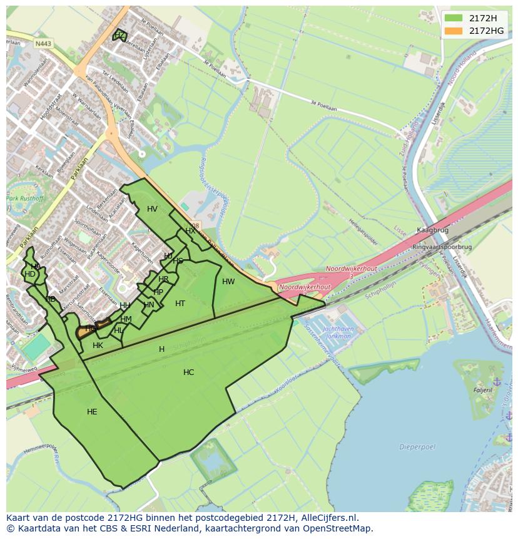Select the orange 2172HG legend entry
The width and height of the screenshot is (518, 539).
[x=476, y=31]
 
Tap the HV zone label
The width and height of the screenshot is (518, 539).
[x=152, y=209]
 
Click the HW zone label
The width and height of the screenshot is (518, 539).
[x=228, y=282]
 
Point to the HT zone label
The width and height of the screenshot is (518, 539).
[x=180, y=304]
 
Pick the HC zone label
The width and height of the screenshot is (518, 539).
[x=188, y=372]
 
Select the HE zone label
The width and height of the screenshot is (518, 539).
[x=92, y=412]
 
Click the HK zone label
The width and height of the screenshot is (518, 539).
[x=98, y=346]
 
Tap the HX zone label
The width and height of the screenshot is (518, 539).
[x=190, y=231]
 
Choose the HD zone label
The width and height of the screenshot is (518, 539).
[x=30, y=274]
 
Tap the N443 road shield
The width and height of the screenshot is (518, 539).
[x=43, y=44]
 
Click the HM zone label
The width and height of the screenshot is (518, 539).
[x=126, y=319]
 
